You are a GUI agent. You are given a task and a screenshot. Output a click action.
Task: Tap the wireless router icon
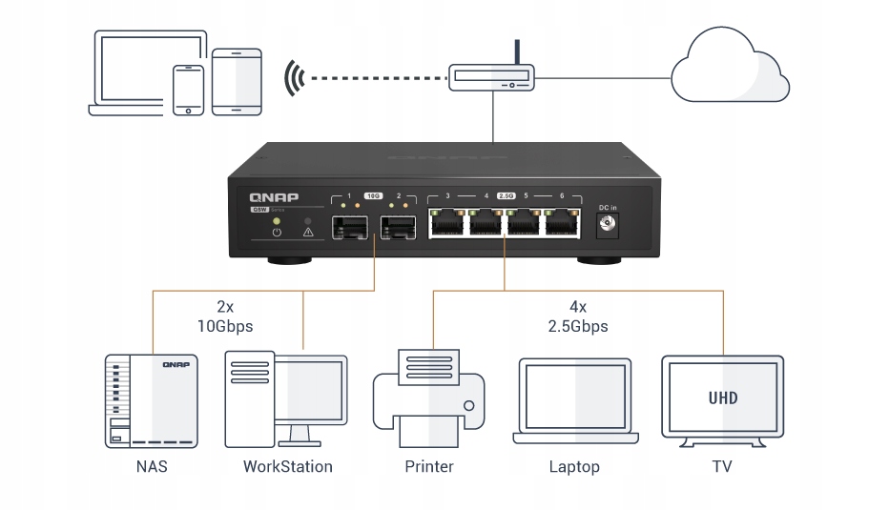coord(493,78)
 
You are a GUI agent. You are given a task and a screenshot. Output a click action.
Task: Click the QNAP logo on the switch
coord(274,197)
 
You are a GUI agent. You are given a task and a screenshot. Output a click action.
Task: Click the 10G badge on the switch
coord(373,195)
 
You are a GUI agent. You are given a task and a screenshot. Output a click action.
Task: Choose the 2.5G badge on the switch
coord(506,195)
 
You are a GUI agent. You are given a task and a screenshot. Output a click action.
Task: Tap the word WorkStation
coord(287,467)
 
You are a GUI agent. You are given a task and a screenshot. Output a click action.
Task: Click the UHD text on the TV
coord(723,397)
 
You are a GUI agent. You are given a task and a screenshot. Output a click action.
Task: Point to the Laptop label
coord(574,467)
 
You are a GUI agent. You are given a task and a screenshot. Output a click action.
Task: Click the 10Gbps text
coord(225,326)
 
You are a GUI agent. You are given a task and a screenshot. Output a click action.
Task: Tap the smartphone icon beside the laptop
coord(188,90)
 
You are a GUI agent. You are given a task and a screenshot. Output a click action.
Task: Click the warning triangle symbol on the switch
coord(308,232)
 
